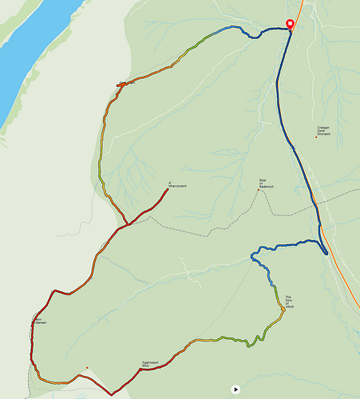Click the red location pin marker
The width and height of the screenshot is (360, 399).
coord(290,24)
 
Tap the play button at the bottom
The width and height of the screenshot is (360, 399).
coord(235,389)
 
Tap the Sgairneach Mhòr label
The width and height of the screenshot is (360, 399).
coord(151,364)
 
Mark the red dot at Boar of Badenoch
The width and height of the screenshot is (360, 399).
coord(258,190)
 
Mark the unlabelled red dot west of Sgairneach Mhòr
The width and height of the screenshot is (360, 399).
coord(87,367)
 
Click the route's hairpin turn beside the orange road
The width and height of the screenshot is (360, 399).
coord(326,253)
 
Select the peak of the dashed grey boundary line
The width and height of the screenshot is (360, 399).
coord(260,192)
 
